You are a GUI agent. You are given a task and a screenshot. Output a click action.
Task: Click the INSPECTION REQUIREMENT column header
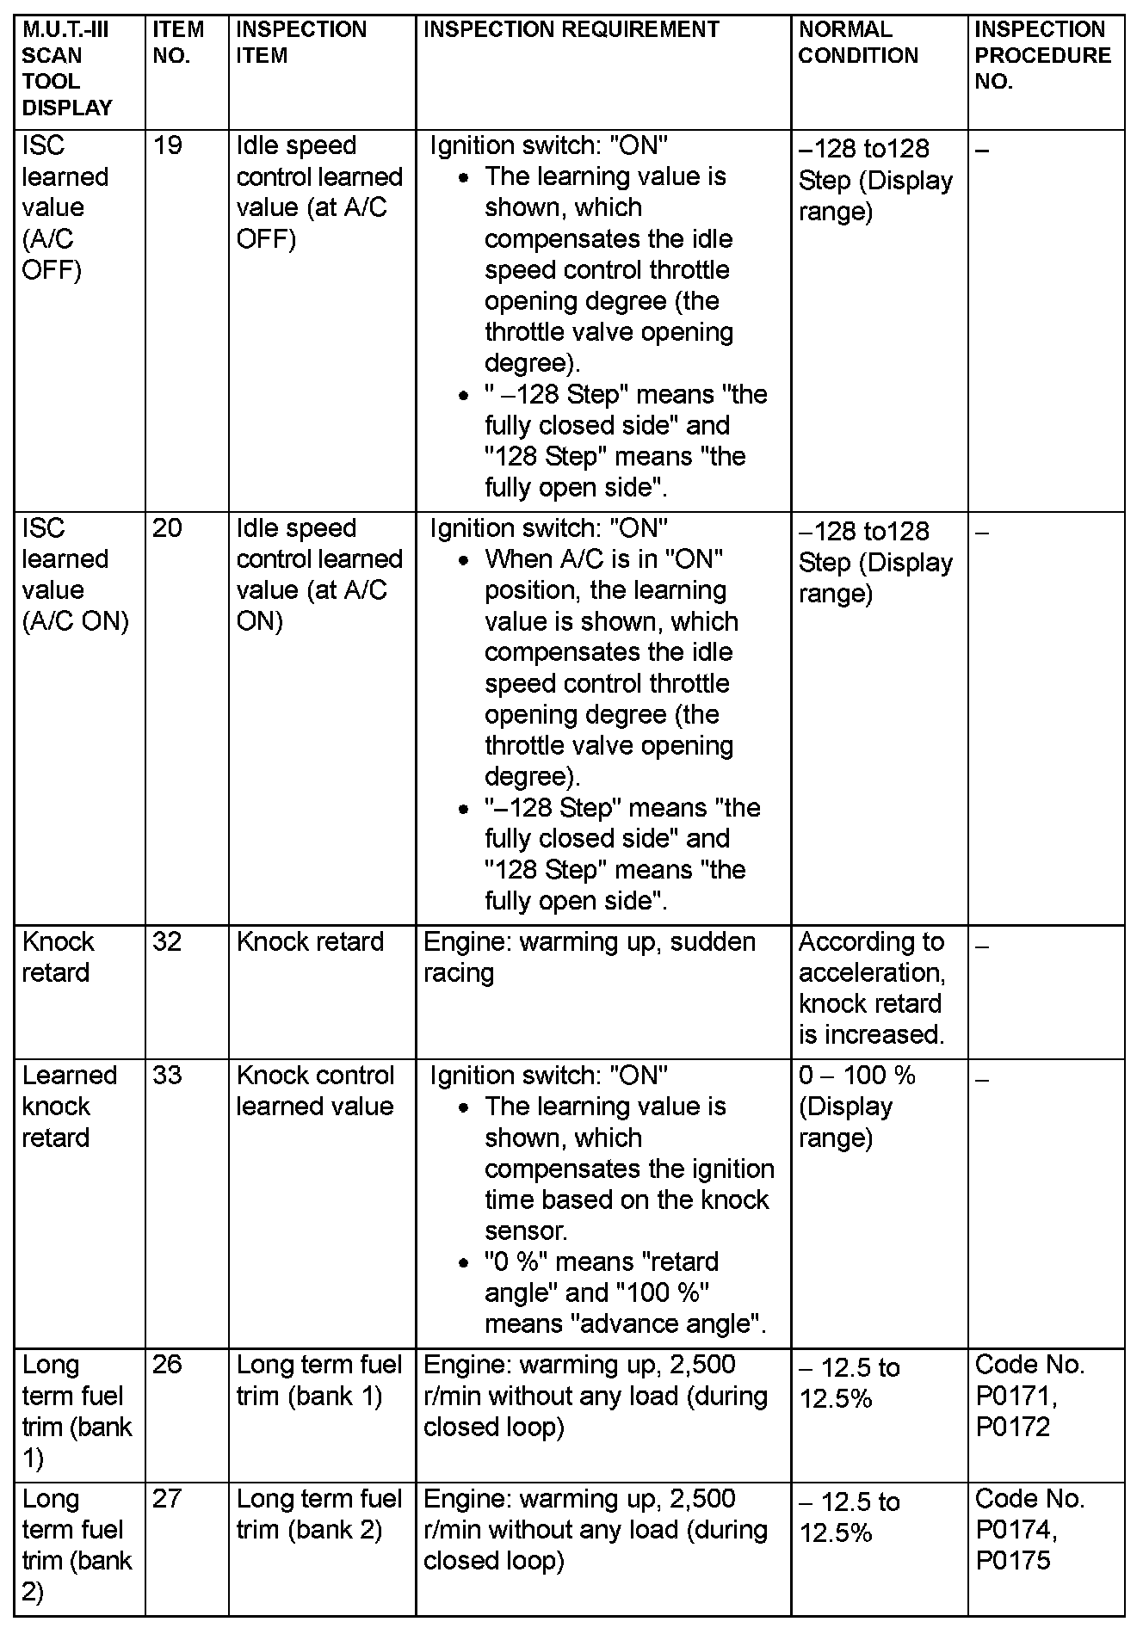[x=571, y=30]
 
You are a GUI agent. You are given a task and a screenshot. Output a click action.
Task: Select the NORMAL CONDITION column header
[x=858, y=43]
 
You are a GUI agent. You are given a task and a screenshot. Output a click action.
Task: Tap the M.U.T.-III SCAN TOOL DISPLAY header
[x=67, y=69]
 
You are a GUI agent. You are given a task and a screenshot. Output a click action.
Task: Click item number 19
[x=168, y=145]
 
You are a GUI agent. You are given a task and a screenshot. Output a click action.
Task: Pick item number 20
[x=168, y=527]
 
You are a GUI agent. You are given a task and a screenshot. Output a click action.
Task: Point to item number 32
[x=168, y=941]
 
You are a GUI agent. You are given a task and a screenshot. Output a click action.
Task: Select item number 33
[x=168, y=1075]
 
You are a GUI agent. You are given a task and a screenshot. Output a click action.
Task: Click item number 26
[x=168, y=1365]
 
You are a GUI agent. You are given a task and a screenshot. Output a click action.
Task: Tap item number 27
[x=168, y=1499]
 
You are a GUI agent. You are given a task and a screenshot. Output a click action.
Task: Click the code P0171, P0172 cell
[x=1029, y=1396]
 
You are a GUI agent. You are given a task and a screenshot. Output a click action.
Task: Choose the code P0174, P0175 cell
[x=1029, y=1530]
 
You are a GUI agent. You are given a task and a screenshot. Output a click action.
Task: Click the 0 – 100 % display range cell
[x=857, y=1106]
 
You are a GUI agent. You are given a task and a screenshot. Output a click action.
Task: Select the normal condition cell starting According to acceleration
[x=872, y=988]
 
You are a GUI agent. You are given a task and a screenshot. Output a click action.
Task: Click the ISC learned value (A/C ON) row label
[x=76, y=574]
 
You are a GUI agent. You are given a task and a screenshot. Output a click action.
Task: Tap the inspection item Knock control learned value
[x=315, y=1090]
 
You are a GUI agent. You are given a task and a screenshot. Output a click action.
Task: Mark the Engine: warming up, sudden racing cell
[x=590, y=957]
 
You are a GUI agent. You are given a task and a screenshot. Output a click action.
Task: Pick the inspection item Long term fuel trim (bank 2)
[x=319, y=1514]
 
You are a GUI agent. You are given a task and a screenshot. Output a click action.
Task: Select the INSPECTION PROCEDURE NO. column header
[x=1042, y=56]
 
